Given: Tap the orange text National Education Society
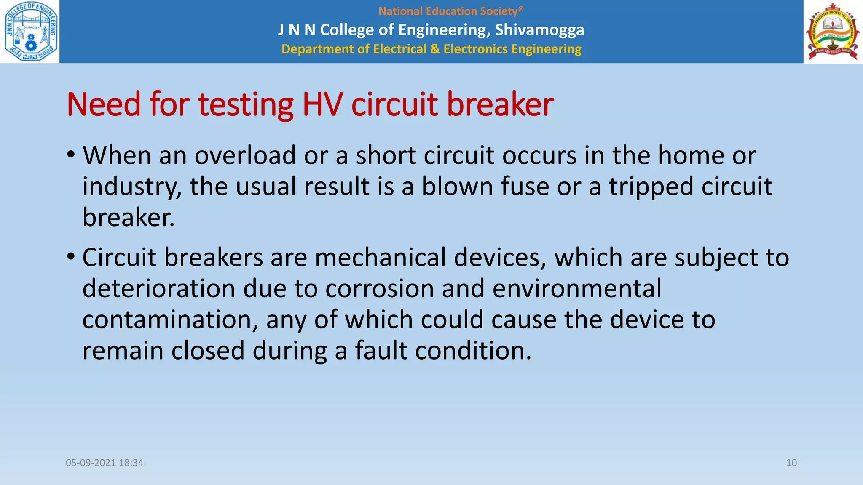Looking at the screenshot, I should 450,11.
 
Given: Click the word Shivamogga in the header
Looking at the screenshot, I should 539,30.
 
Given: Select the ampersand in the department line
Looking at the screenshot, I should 434,49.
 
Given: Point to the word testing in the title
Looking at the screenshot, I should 246,105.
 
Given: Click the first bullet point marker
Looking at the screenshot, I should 71,155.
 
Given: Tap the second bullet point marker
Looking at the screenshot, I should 71,256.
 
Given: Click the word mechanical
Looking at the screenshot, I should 380,258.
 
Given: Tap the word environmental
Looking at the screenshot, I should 577,289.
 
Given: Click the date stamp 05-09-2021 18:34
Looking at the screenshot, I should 105,463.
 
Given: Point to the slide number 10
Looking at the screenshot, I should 791,463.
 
